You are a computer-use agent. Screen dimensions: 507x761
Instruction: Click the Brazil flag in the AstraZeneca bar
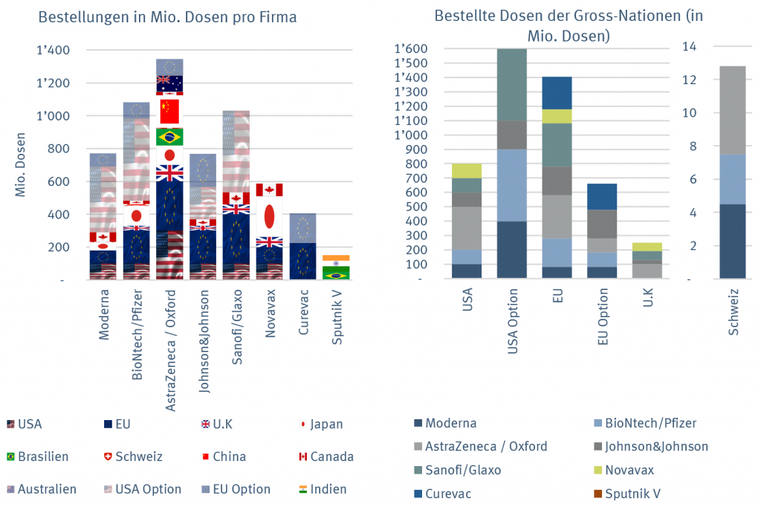click(169, 138)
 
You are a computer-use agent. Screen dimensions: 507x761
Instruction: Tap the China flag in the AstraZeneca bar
click(169, 112)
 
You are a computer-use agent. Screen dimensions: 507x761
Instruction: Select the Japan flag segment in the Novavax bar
click(270, 216)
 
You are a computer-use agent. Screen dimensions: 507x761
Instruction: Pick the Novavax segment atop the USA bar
click(467, 170)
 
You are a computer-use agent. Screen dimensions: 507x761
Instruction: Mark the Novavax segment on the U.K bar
click(648, 246)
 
